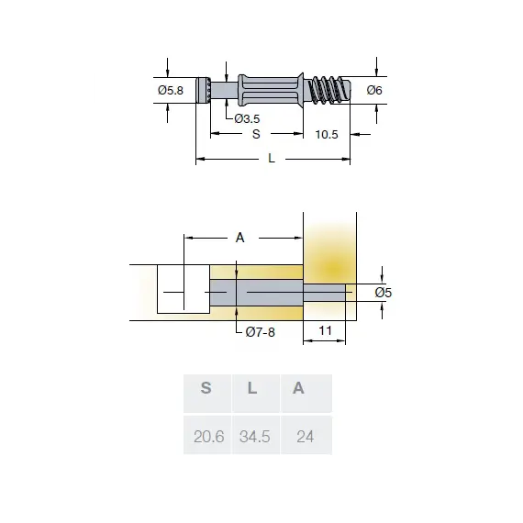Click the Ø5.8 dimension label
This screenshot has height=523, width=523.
[171, 90]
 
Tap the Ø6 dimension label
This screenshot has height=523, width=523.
[373, 90]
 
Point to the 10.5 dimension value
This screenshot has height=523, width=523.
[327, 134]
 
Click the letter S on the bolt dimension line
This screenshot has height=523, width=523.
[256, 134]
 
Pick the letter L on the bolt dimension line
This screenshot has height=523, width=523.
[272, 159]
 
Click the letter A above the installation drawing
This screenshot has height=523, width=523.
[240, 237]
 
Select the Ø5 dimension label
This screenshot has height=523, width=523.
[384, 293]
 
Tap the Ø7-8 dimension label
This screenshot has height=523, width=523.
[261, 332]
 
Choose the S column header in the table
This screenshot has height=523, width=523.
[206, 388]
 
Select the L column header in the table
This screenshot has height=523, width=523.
[252, 388]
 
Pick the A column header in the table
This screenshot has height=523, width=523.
[298, 388]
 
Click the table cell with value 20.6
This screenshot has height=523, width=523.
[209, 436]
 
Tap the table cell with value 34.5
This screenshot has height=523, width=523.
[254, 436]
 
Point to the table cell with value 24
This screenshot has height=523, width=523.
[305, 436]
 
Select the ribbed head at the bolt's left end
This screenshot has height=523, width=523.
[204, 90]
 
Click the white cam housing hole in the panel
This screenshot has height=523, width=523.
[183, 288]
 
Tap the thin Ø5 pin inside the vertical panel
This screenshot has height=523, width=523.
[325, 293]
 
